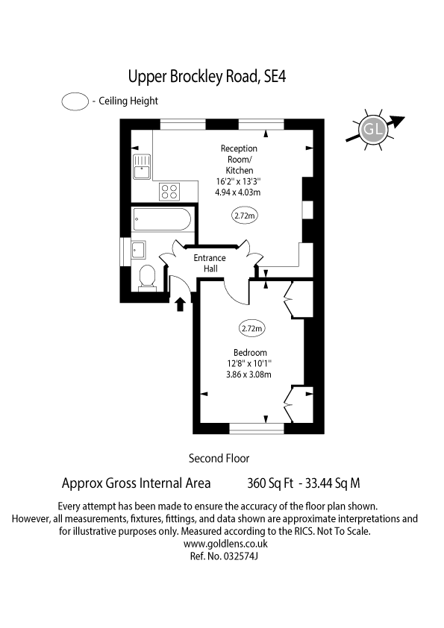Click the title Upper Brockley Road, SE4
click(207, 77)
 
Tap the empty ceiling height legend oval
click(75, 101)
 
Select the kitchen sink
click(142, 166)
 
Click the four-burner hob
click(169, 192)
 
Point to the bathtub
click(162, 219)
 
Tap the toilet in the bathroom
click(147, 277)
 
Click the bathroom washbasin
click(139, 251)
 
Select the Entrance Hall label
click(210, 263)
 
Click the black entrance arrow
click(180, 304)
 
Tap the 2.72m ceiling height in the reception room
click(245, 216)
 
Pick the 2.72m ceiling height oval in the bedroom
click(251, 328)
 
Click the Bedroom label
click(250, 353)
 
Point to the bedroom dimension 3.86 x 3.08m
click(248, 375)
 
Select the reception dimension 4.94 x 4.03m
click(237, 192)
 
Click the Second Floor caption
click(219, 458)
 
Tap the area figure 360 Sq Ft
click(270, 483)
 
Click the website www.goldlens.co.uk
click(225, 544)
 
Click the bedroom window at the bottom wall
click(257, 429)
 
